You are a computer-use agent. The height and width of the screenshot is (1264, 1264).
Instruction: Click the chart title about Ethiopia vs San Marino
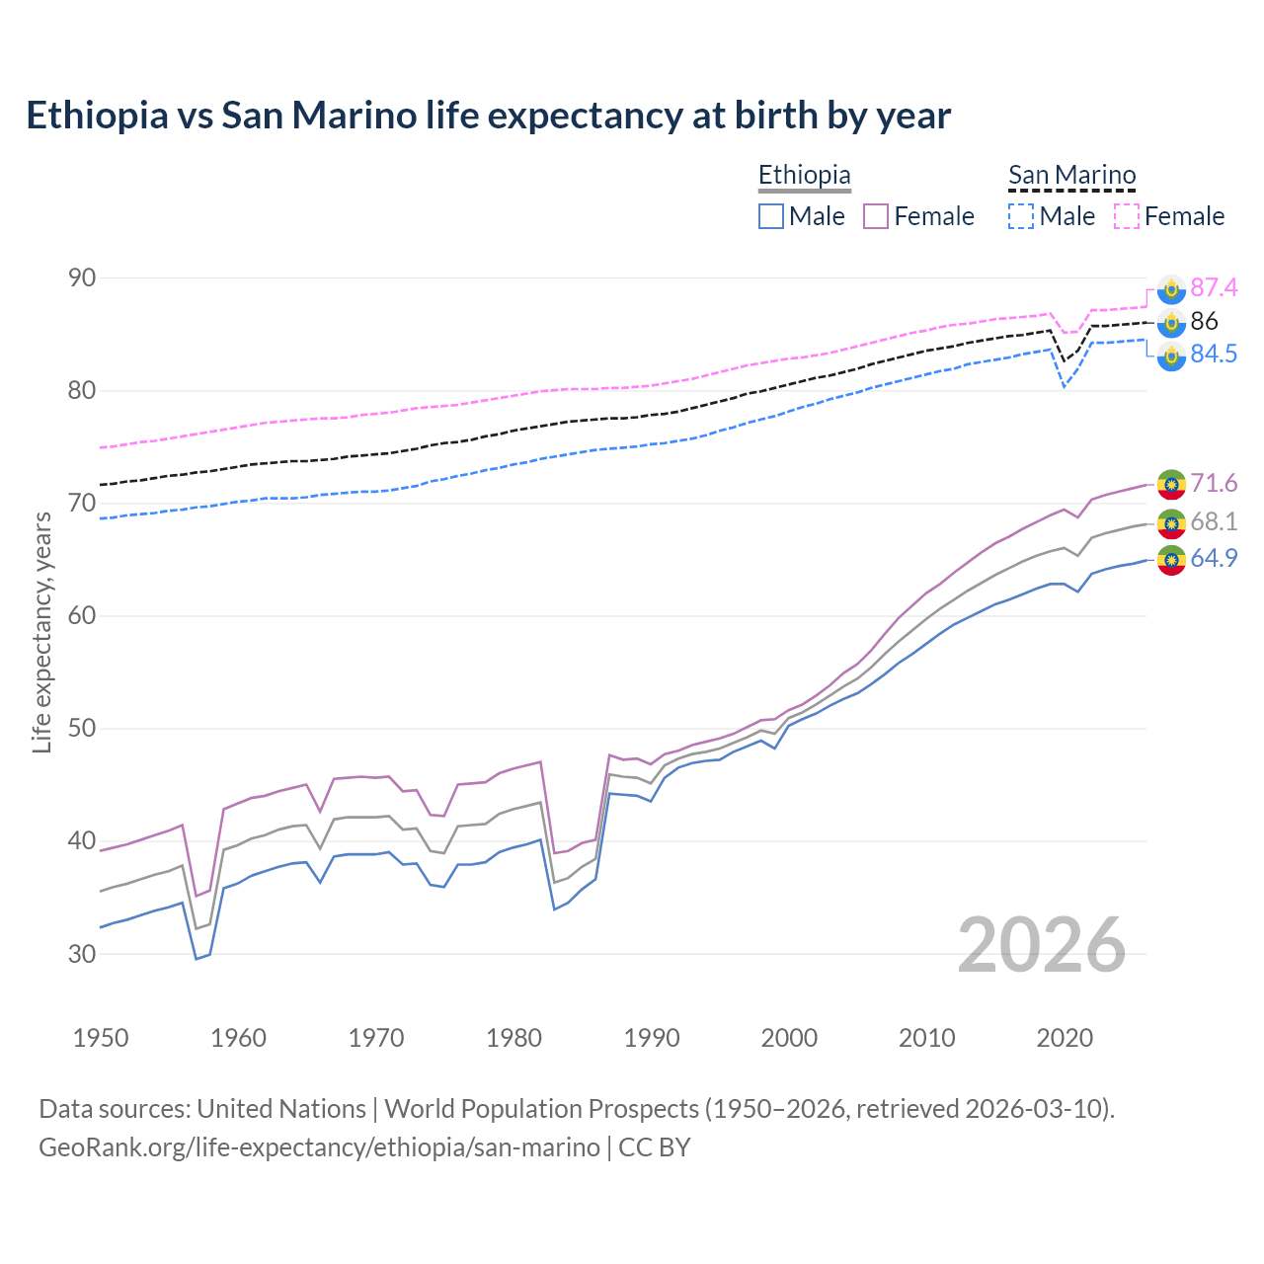488,116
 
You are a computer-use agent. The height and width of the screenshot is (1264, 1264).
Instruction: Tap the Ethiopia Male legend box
771,216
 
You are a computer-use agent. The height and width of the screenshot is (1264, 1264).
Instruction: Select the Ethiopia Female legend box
876,216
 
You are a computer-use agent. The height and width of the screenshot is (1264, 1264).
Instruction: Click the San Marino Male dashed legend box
1021,216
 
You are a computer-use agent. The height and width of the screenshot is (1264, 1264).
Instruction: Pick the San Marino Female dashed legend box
1127,216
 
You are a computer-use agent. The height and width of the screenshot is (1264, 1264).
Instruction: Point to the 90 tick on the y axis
82,278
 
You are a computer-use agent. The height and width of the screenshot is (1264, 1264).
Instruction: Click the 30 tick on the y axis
82,954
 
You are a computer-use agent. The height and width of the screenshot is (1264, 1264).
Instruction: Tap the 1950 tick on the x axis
101,1038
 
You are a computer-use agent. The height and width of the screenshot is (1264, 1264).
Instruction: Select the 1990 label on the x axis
652,1038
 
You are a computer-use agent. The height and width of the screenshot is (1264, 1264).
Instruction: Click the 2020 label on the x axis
1065,1038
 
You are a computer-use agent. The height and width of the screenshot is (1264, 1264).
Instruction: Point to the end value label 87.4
1214,287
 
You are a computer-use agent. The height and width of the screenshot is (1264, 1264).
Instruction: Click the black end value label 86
1204,321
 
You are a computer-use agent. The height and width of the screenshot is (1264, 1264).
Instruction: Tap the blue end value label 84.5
1214,355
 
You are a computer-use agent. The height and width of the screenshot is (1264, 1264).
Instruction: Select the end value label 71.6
1214,483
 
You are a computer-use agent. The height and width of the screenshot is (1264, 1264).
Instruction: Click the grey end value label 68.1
1214,521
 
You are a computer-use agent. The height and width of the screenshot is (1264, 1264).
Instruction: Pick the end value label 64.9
1214,558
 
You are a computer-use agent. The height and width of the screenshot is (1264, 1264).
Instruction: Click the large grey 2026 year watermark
1042,945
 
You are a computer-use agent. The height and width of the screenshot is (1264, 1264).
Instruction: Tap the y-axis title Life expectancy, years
42,632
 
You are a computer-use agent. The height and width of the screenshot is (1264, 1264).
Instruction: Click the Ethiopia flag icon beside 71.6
1171,484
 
